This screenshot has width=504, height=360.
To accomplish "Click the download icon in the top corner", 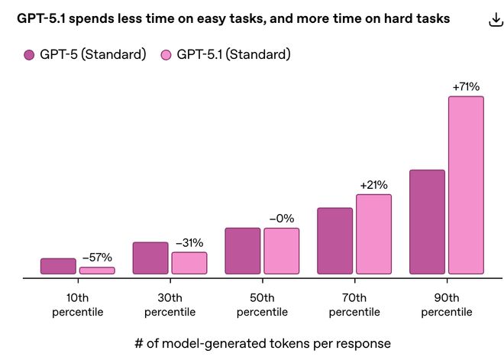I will (x=494, y=20).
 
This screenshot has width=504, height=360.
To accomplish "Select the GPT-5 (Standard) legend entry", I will (x=85, y=54).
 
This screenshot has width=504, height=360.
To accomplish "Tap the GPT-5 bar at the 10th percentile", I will (x=58, y=266).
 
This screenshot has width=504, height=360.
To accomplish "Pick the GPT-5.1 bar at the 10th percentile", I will (x=97, y=271).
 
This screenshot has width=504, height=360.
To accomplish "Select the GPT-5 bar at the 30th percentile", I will (x=150, y=258).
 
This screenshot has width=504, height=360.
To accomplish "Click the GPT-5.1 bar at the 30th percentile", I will (x=189, y=263).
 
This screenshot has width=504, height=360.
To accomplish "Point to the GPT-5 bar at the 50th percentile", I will (x=243, y=251).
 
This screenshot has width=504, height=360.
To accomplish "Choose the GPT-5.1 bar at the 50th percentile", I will (x=282, y=251).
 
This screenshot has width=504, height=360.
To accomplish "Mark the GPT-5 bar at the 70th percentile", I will (x=335, y=241).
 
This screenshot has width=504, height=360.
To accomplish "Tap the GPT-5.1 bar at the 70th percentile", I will (x=373, y=234).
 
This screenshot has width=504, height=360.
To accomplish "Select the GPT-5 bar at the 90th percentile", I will (x=427, y=222).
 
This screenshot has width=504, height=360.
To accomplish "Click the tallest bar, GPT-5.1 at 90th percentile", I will (x=466, y=185).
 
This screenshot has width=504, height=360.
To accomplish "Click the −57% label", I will (x=97, y=257).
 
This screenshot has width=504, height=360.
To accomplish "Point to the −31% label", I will (x=189, y=242).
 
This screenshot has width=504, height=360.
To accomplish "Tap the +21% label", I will (x=373, y=185).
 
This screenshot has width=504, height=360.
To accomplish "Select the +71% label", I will (x=466, y=87).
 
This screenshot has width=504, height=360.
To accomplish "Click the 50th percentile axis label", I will (x=262, y=305).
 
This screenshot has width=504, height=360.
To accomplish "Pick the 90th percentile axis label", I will (x=447, y=305).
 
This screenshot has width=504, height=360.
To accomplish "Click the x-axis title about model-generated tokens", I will (x=252, y=343).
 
